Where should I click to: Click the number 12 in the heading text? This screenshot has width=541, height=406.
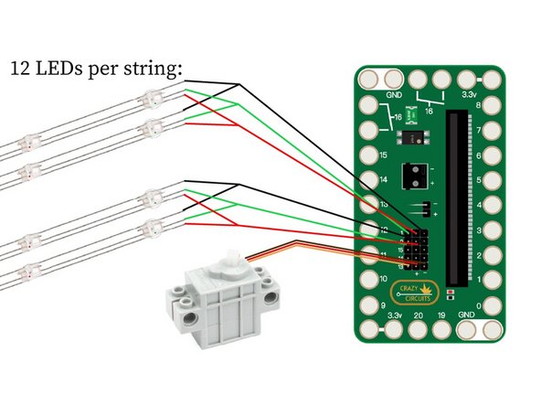[19, 69]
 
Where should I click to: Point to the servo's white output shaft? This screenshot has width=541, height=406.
[229, 259]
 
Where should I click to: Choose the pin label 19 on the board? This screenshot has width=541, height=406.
[441, 315]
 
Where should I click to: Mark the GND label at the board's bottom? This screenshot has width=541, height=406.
[466, 315]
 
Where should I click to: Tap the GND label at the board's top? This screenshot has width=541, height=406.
[395, 94]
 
